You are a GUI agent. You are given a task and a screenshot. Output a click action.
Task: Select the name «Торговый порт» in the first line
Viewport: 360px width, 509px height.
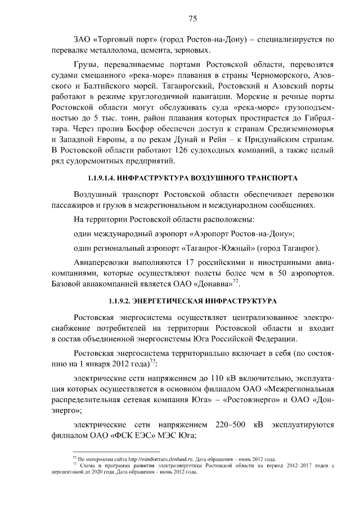(x=122, y=40)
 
